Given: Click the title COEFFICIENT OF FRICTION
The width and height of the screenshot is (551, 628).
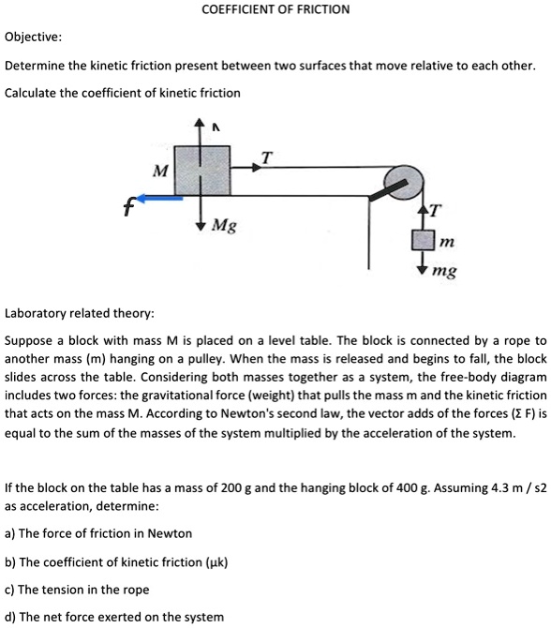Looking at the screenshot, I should [x=275, y=9].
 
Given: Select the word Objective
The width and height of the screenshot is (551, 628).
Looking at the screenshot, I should [x=34, y=37].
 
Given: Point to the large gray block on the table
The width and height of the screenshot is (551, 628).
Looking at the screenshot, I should [x=201, y=170].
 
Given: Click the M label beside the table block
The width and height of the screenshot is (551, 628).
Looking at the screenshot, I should [x=160, y=171].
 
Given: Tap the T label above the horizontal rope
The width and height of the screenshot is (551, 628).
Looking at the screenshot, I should [x=265, y=158].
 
